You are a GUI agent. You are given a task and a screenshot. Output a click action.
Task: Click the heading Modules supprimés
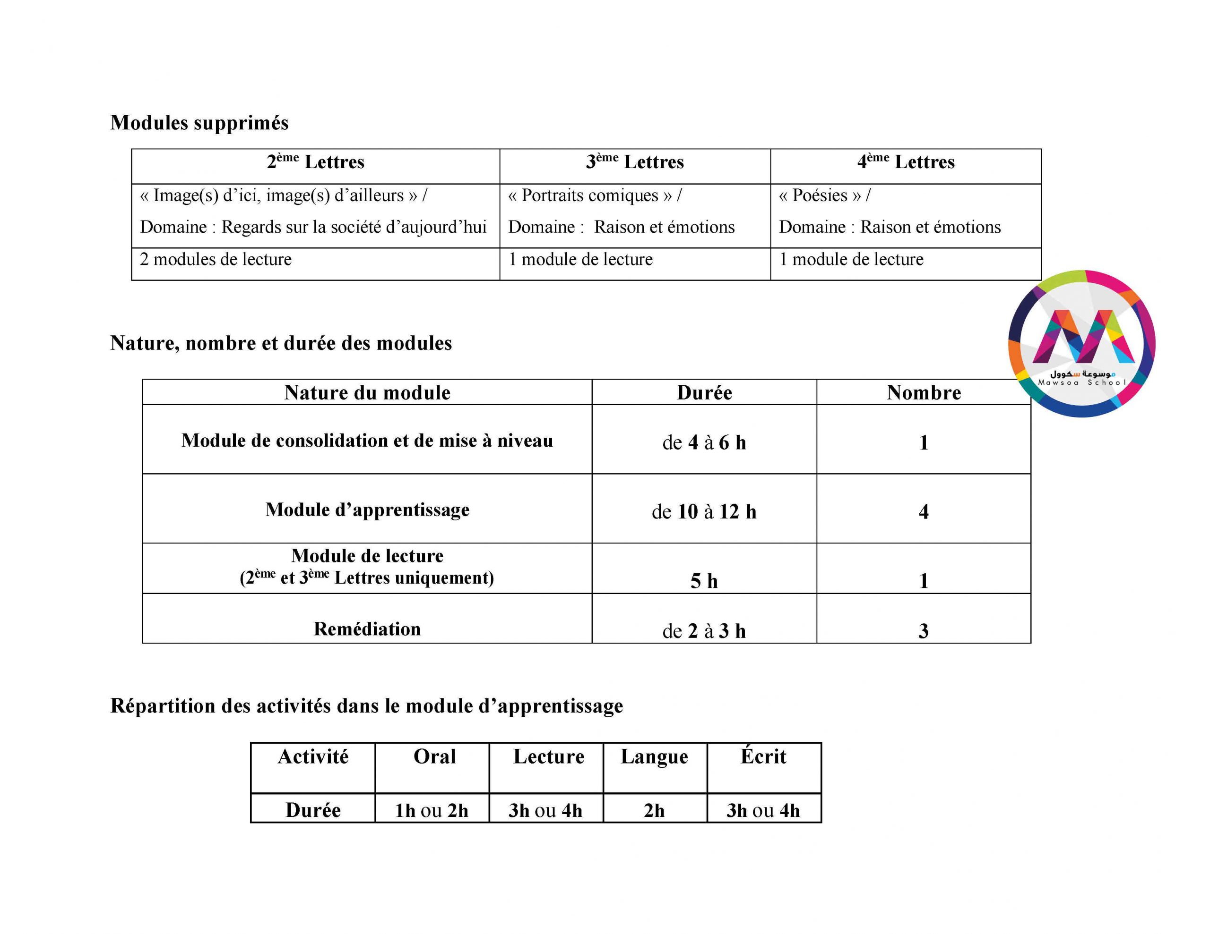point(199,123)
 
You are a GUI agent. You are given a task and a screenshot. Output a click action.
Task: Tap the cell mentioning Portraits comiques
point(595,195)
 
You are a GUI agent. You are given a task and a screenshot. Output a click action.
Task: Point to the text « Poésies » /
point(824,195)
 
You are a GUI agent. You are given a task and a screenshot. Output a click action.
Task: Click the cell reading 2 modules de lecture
point(216,260)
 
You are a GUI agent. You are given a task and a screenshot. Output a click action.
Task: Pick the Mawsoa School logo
point(1081,344)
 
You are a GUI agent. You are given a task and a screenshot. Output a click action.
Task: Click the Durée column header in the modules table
point(704,392)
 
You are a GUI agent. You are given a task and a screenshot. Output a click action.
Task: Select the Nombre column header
point(924,392)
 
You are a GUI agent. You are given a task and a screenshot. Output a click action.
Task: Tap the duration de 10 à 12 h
point(704,511)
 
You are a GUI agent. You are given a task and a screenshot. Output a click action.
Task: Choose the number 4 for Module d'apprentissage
point(924,511)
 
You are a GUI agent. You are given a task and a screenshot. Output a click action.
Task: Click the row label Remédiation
point(367,629)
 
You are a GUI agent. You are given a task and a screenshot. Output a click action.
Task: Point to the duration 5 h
point(704,581)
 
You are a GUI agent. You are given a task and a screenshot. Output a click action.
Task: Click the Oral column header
point(434,757)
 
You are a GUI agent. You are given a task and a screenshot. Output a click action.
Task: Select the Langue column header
point(654,757)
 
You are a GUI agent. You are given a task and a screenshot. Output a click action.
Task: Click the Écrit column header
point(763,757)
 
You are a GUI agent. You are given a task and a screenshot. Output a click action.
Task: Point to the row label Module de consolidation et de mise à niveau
point(367,441)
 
